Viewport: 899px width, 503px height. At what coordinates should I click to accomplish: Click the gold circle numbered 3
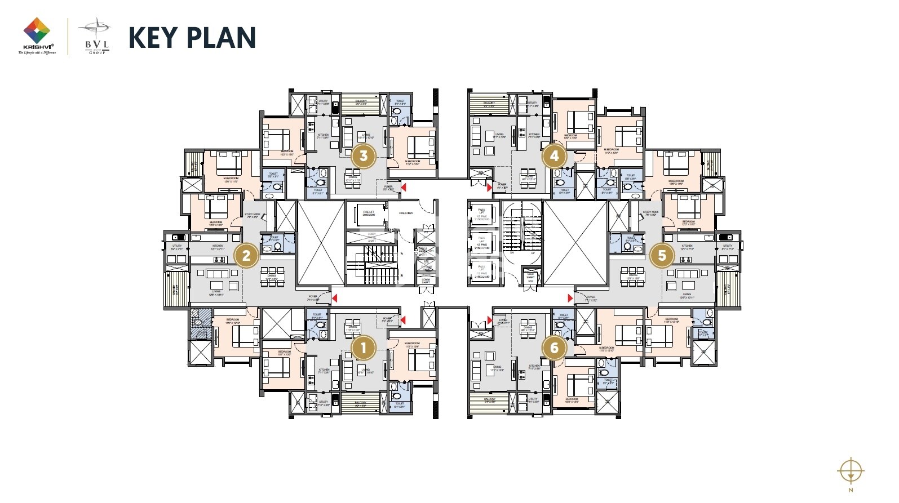(x=364, y=156)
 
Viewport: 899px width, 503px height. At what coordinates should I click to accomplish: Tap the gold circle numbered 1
(x=364, y=348)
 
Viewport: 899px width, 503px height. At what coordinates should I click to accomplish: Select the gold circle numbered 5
(x=662, y=255)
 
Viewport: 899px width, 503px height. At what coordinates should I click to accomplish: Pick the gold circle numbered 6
(x=554, y=348)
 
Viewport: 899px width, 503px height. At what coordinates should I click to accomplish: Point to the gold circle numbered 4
(x=554, y=156)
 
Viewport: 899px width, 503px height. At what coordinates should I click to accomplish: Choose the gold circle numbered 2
(x=246, y=255)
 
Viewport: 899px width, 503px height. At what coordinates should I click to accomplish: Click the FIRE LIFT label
(x=368, y=213)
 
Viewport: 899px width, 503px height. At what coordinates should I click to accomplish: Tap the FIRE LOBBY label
(x=406, y=213)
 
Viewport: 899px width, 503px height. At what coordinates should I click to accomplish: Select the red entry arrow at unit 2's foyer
(x=335, y=298)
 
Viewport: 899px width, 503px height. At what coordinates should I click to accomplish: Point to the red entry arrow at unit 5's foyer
(x=570, y=298)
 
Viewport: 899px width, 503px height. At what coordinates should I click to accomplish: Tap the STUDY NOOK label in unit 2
(x=252, y=215)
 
